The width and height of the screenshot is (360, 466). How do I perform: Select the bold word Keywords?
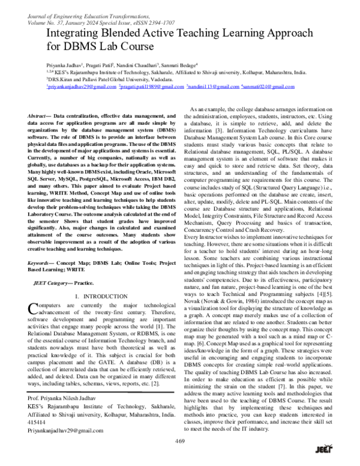[x=41, y=263]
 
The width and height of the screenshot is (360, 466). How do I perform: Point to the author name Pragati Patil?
[x=106, y=64]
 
